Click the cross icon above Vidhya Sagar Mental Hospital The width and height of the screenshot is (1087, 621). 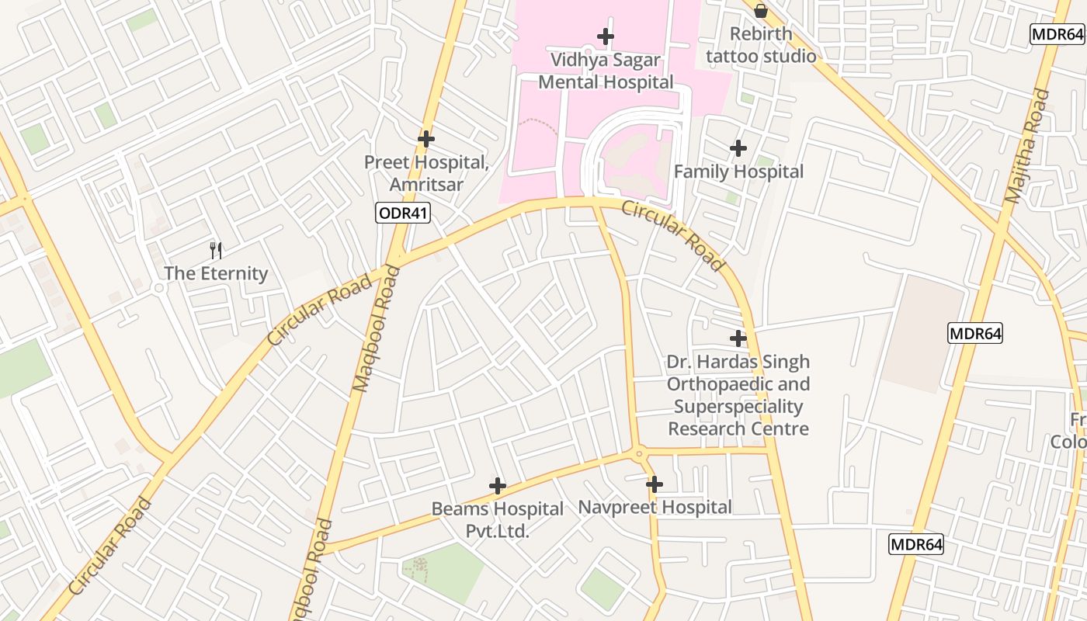[606, 36]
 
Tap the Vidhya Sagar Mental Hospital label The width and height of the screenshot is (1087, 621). [606, 71]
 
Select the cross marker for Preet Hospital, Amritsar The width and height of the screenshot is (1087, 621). [425, 139]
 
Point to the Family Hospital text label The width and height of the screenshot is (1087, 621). [738, 172]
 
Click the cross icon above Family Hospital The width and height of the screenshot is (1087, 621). [738, 147]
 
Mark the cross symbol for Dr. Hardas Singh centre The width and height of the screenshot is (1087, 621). [738, 338]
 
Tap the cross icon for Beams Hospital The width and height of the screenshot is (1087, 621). [498, 487]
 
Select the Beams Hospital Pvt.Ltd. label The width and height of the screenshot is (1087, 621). [498, 519]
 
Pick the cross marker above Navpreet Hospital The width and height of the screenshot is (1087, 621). [655, 484]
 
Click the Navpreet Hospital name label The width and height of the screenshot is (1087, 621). [655, 508]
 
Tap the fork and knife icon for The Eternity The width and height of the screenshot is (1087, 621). [216, 250]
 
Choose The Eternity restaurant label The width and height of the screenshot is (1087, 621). [216, 273]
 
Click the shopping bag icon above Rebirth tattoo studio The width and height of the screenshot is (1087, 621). [761, 11]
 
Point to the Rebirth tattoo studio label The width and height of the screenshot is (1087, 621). [761, 45]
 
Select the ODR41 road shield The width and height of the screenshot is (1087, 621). [403, 213]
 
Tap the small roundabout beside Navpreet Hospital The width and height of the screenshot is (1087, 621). [639, 453]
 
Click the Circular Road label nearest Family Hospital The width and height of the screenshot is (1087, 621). [672, 236]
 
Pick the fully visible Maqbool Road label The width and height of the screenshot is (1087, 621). [377, 328]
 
